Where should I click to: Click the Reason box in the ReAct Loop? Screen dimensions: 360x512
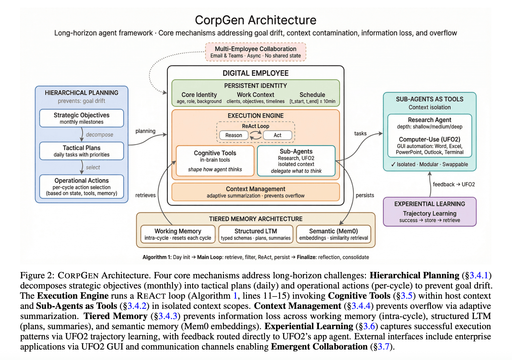[x=233, y=135]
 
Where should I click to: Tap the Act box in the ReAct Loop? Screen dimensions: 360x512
[x=277, y=135]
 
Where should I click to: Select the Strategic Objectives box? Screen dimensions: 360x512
[x=81, y=118]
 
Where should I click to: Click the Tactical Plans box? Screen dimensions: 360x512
[x=81, y=151]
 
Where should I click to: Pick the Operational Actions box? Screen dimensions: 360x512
[x=81, y=186]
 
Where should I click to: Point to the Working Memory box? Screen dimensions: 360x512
[x=178, y=234]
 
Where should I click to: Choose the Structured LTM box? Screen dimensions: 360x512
[x=256, y=234]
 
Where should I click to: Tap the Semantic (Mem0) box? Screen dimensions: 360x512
[x=333, y=234]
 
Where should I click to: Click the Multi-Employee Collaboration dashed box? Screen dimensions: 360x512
[x=255, y=52]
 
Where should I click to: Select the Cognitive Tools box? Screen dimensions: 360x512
[x=215, y=161]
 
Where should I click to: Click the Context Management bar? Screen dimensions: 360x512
[x=255, y=192]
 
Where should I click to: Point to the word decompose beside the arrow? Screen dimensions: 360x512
[x=99, y=135]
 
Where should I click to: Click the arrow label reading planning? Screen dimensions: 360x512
[x=145, y=131]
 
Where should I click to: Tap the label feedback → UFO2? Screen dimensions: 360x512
[x=453, y=184]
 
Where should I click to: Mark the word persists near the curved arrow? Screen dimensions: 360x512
[x=365, y=195]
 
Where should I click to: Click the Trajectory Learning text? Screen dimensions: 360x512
[x=429, y=213]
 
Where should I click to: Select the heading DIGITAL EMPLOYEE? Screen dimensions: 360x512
[x=255, y=73]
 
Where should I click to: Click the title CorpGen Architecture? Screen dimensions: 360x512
[x=255, y=20]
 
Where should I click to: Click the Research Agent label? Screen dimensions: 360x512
[x=429, y=120]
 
